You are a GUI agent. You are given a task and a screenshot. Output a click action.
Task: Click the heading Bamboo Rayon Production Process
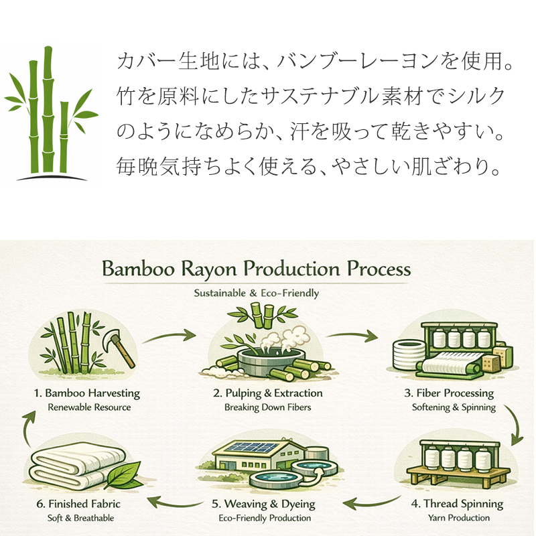[256, 269]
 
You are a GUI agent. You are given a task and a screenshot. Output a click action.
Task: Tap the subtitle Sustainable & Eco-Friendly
[256, 293]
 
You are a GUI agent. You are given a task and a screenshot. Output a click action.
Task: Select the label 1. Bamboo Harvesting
[86, 393]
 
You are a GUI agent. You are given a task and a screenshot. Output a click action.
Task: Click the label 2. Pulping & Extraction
[268, 393]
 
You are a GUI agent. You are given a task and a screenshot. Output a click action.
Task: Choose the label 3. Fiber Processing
[454, 393]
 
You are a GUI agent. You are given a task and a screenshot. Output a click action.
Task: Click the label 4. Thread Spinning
[458, 503]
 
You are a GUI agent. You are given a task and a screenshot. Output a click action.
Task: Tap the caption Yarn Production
[458, 518]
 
